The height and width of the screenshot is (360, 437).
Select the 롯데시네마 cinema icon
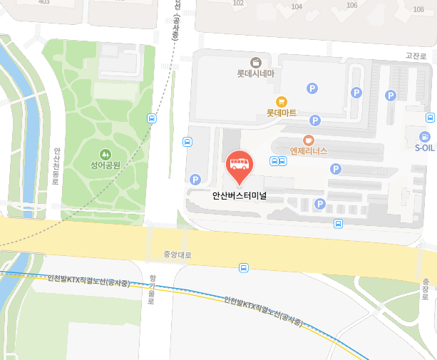coord(256,62)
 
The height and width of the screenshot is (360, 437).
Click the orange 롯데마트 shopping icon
coord(282,101)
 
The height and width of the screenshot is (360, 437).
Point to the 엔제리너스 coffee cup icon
coord(309,140)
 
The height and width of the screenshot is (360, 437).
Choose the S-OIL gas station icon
coord(425,136)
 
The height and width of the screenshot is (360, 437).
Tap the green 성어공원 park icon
coord(106,153)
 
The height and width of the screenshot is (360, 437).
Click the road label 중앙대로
coord(178,254)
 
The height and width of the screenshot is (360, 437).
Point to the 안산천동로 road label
coord(56,166)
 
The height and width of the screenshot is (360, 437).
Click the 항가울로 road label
coord(151,291)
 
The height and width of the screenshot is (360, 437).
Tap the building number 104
coord(297,6)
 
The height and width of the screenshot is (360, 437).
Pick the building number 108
coord(419,9)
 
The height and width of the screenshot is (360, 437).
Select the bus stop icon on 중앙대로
coord(244,268)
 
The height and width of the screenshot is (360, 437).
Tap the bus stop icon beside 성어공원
coord(151,118)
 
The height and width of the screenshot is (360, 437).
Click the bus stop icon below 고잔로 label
coord(430,117)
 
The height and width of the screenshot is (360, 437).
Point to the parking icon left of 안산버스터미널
coord(195,179)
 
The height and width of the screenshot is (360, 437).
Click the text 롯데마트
coord(282,113)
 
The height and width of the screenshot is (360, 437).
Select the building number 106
coord(351,6)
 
